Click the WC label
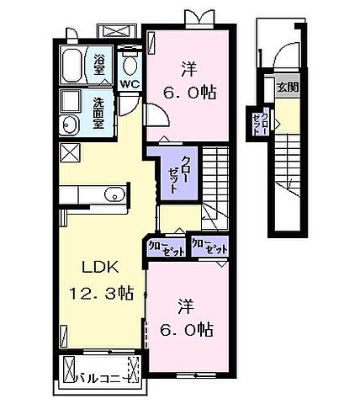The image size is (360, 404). (129, 84)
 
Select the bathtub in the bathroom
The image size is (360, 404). (73, 63)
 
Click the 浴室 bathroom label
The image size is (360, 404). (99, 64)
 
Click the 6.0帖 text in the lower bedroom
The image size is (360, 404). (188, 330)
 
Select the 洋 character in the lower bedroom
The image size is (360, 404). (187, 304)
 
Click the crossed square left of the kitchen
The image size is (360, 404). (70, 154)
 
